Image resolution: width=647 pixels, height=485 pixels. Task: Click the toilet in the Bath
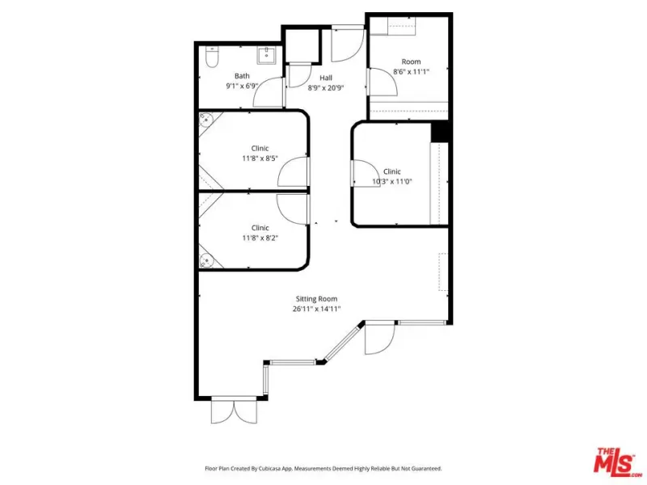[x=212, y=57]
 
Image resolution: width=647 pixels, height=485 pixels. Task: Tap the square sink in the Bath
[x=267, y=55]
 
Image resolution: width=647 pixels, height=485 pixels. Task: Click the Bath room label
[x=242, y=76]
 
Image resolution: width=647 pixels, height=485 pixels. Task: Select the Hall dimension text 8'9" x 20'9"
[x=326, y=88]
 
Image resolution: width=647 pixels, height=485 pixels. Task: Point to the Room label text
[x=412, y=61]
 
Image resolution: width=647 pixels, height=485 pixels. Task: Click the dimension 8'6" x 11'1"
[x=412, y=72]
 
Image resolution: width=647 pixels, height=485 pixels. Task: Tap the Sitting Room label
[x=316, y=298]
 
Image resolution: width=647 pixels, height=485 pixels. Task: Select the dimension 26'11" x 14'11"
[x=317, y=309]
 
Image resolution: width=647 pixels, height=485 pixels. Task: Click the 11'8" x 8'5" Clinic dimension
[x=260, y=158]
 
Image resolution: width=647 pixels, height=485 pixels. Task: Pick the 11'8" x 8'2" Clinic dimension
[x=260, y=238]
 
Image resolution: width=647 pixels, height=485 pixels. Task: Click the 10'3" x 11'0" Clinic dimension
[x=392, y=181]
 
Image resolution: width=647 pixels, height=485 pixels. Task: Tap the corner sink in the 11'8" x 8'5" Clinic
[x=205, y=120]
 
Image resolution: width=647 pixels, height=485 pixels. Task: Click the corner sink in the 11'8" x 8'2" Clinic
[x=206, y=260]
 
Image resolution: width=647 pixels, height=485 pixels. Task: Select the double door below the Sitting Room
[x=234, y=411]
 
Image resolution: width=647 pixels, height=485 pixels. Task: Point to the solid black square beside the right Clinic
[x=440, y=132]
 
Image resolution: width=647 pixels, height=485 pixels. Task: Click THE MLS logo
[x=617, y=460]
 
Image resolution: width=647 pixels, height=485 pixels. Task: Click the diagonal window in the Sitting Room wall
[x=344, y=342]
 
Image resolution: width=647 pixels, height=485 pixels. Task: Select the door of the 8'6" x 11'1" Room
[x=382, y=82]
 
